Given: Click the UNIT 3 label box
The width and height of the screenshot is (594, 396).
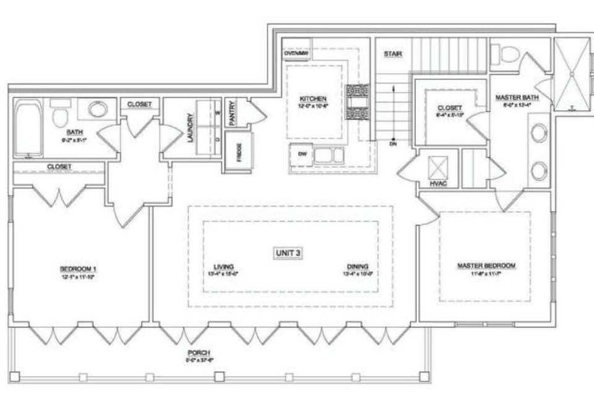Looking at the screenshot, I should click(288, 252).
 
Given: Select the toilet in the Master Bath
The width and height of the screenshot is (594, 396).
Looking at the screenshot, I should click(508, 54).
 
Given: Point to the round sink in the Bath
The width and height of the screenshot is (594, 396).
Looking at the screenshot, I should click(97, 110).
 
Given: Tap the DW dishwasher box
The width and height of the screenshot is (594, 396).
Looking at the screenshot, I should click(301, 155).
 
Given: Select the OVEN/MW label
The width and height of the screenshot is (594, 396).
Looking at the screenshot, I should click(296, 53).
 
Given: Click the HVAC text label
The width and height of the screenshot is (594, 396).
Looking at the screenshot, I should click(438, 184).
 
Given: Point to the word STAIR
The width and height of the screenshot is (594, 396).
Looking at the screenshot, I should click(392, 54).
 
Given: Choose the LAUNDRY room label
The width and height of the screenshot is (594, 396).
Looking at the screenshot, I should click(190, 128).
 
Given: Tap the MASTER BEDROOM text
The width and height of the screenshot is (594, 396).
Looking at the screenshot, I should click(486, 266).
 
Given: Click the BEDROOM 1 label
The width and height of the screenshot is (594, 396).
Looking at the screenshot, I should click(78, 269).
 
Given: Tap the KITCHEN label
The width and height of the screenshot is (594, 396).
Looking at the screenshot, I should click(313, 99).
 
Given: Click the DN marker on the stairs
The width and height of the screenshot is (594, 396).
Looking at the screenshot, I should click(393, 144).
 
